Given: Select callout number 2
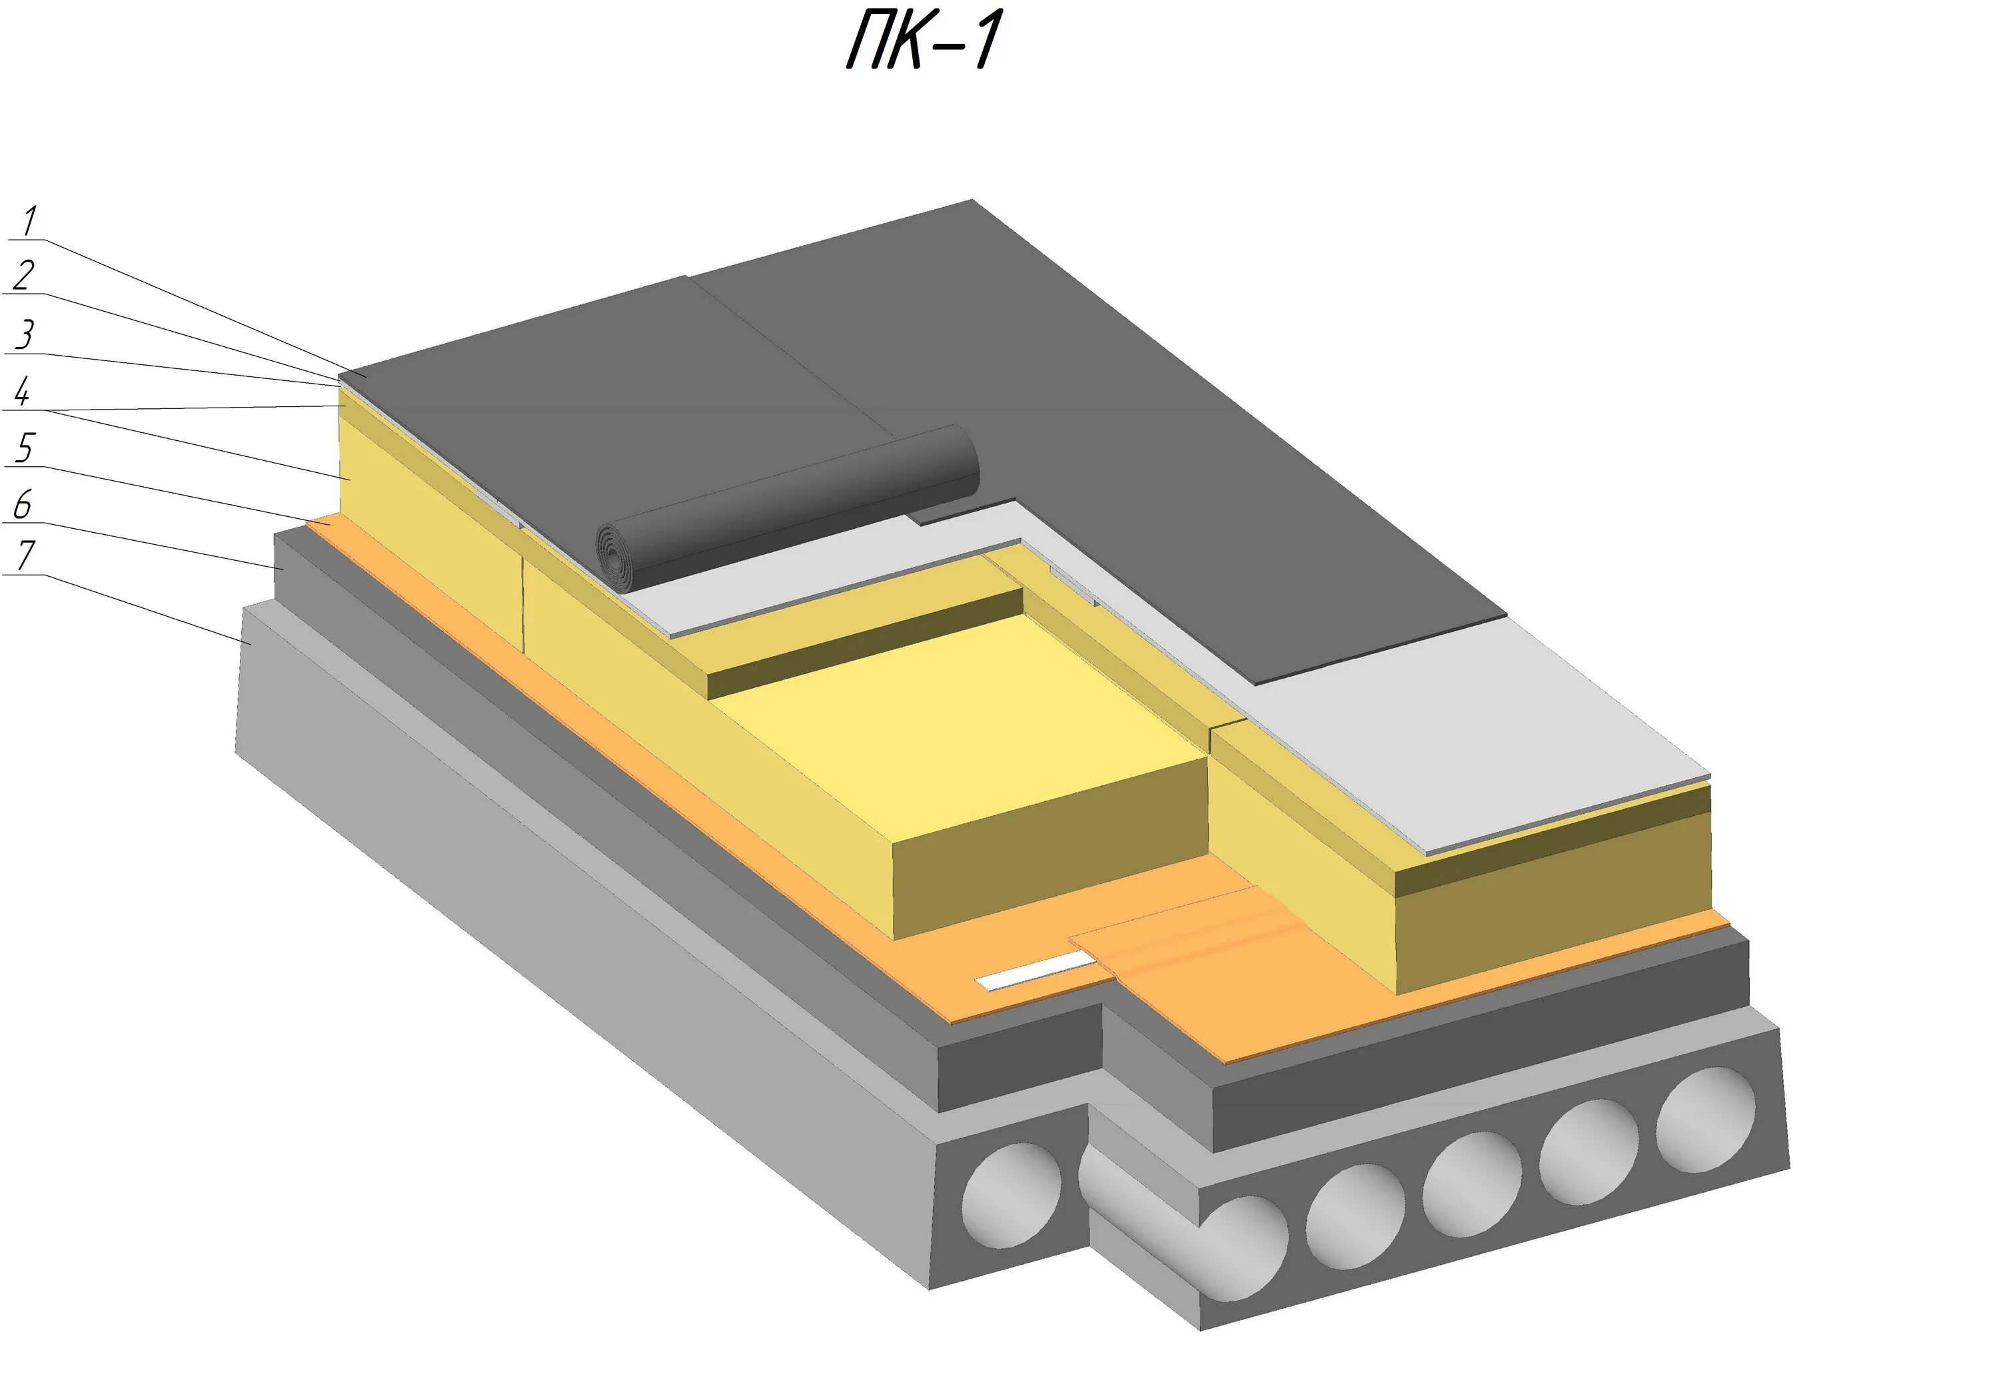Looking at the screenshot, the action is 25,275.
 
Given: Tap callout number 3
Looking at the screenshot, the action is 25,335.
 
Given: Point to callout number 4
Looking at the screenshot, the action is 23,392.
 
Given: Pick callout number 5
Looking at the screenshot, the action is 25,448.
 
